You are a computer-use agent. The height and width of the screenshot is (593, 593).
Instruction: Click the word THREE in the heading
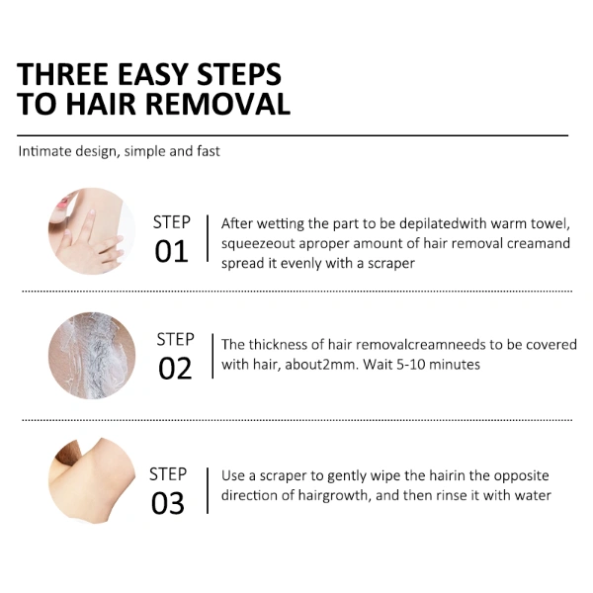[x=62, y=74]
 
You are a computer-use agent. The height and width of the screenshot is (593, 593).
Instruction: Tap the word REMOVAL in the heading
[x=218, y=104]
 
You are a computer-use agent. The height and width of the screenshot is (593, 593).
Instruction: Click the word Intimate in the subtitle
[x=45, y=151]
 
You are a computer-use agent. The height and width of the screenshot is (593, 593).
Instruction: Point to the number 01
[x=171, y=251]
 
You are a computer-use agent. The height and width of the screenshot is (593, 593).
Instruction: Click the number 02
[x=175, y=369]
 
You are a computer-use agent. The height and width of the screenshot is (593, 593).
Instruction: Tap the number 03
[x=168, y=504]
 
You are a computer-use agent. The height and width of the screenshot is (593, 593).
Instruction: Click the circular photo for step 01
[x=92, y=231]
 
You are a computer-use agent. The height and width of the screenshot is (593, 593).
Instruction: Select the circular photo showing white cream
[x=92, y=356]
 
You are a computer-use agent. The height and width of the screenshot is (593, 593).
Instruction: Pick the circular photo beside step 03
[x=92, y=480]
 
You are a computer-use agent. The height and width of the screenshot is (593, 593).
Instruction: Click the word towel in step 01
[x=551, y=224]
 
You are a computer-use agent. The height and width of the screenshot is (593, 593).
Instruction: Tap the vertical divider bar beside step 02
[x=212, y=356]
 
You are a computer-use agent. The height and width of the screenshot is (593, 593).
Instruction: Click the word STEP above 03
[x=168, y=474]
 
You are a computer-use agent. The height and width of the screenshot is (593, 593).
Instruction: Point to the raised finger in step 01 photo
[x=90, y=224]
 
